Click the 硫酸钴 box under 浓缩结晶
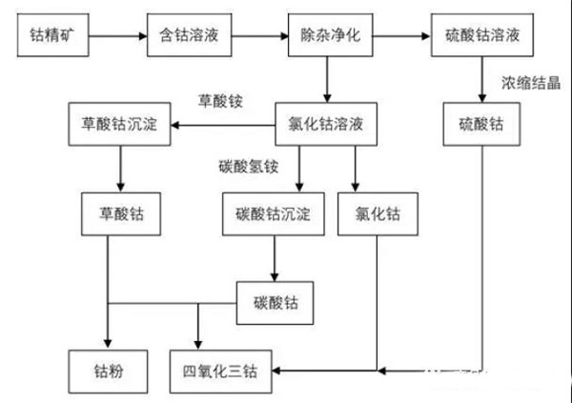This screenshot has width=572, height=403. pyautogui.click(x=481, y=125)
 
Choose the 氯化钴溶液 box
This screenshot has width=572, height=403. pyautogui.click(x=327, y=125)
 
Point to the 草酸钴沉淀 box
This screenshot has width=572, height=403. pyautogui.click(x=120, y=125)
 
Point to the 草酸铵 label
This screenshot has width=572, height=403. pyautogui.click(x=220, y=100)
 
